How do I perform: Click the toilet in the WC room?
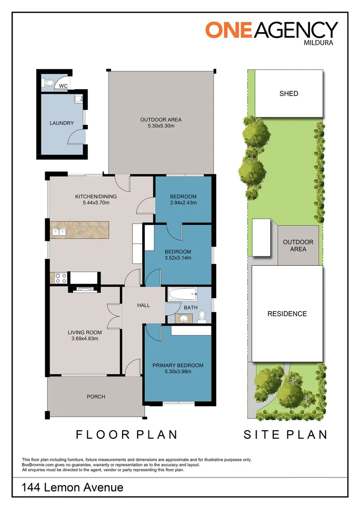click(49, 83)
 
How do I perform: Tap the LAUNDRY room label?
click(62, 123)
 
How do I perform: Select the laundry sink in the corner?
click(79, 99)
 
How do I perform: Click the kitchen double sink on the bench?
click(59, 232)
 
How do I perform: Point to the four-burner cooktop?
click(61, 278)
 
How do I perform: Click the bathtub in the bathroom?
click(182, 295)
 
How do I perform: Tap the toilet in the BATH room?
click(202, 317)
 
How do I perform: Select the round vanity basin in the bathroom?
click(184, 319)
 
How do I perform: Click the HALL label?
click(143, 305)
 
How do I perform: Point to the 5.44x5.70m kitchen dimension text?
click(96, 203)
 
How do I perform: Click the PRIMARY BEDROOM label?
click(178, 365)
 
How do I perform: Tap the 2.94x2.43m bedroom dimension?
click(183, 203)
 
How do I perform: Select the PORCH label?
click(96, 397)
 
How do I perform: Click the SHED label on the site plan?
click(289, 93)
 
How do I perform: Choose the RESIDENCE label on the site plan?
click(287, 314)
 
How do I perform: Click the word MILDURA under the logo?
click(319, 42)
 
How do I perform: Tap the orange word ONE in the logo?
click(229, 30)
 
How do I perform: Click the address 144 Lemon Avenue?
click(73, 487)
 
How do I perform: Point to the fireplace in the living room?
click(81, 289)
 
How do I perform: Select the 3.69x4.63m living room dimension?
click(85, 338)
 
